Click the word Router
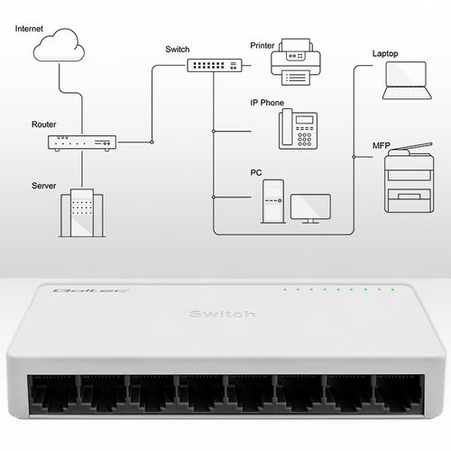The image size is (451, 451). [44, 124]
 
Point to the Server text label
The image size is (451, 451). [44, 185]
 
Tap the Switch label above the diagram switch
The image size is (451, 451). [179, 49]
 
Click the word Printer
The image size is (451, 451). [262, 43]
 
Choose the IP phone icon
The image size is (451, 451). [296, 128]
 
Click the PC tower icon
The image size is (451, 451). [272, 200]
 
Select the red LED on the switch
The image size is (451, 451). [285, 290]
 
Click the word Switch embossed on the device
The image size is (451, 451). [223, 314]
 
